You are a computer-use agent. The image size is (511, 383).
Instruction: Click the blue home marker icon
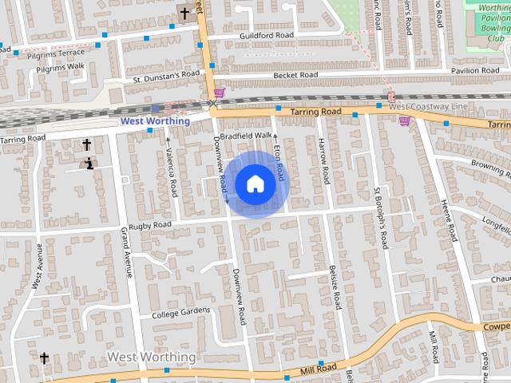coord(255,184)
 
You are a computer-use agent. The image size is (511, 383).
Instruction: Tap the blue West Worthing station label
coord(155,121)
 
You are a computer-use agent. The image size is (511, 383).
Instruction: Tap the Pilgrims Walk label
coord(58,66)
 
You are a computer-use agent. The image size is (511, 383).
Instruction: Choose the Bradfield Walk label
coord(247,136)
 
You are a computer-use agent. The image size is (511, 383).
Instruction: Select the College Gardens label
coord(181,312)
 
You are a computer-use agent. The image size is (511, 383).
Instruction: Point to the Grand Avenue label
coord(125,251)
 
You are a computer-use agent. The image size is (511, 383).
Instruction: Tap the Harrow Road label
coord(324,160)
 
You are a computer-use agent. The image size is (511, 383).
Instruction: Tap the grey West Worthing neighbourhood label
coord(151,356)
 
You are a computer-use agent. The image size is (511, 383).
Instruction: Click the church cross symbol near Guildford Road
coord(184,14)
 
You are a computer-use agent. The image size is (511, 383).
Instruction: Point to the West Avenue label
coord(38,267)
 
